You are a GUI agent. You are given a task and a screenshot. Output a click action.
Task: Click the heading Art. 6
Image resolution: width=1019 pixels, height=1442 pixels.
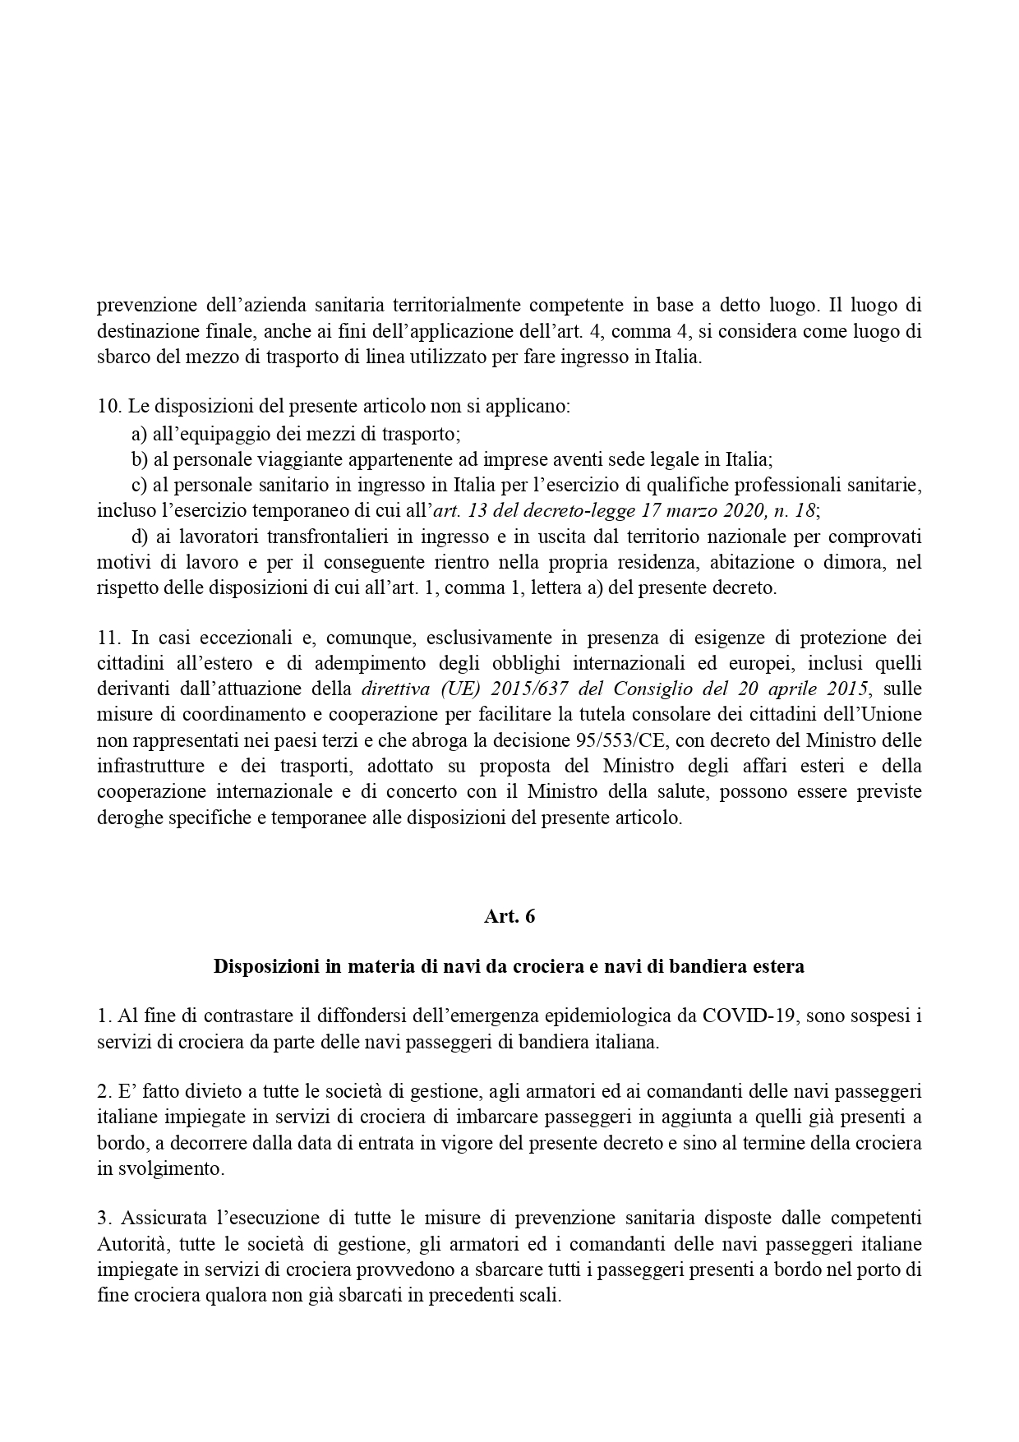[509, 917]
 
